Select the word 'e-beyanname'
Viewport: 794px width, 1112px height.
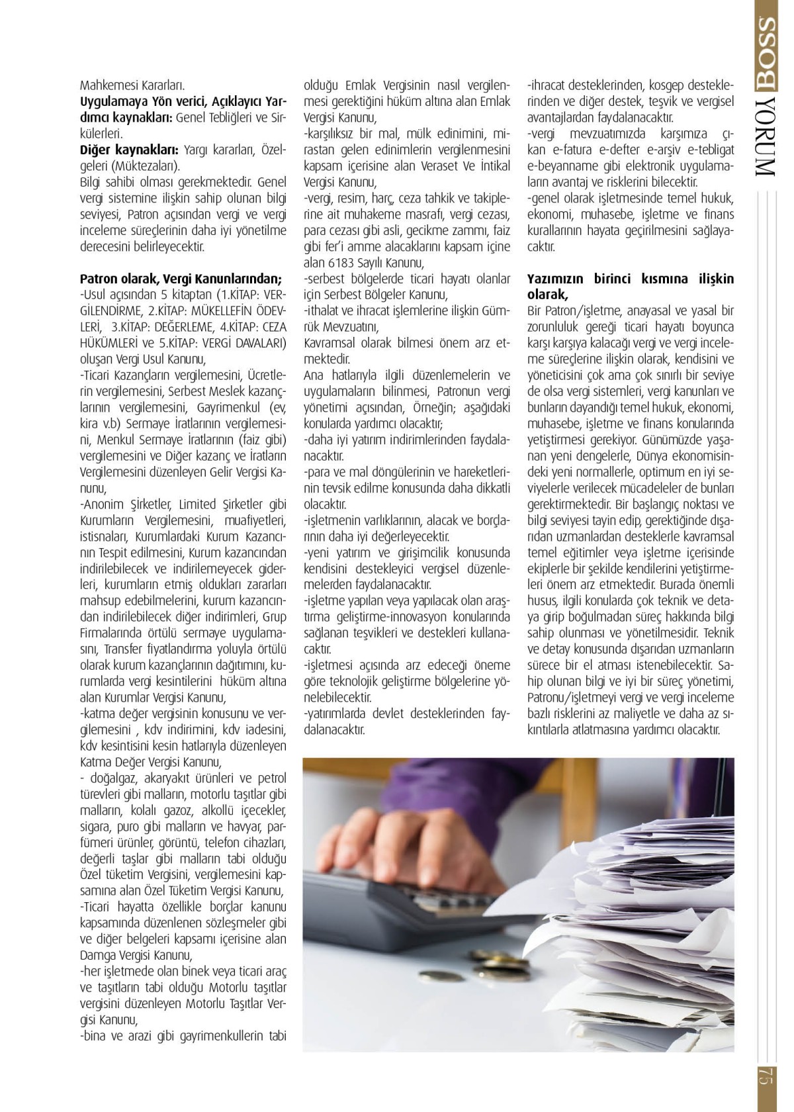(x=563, y=166)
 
